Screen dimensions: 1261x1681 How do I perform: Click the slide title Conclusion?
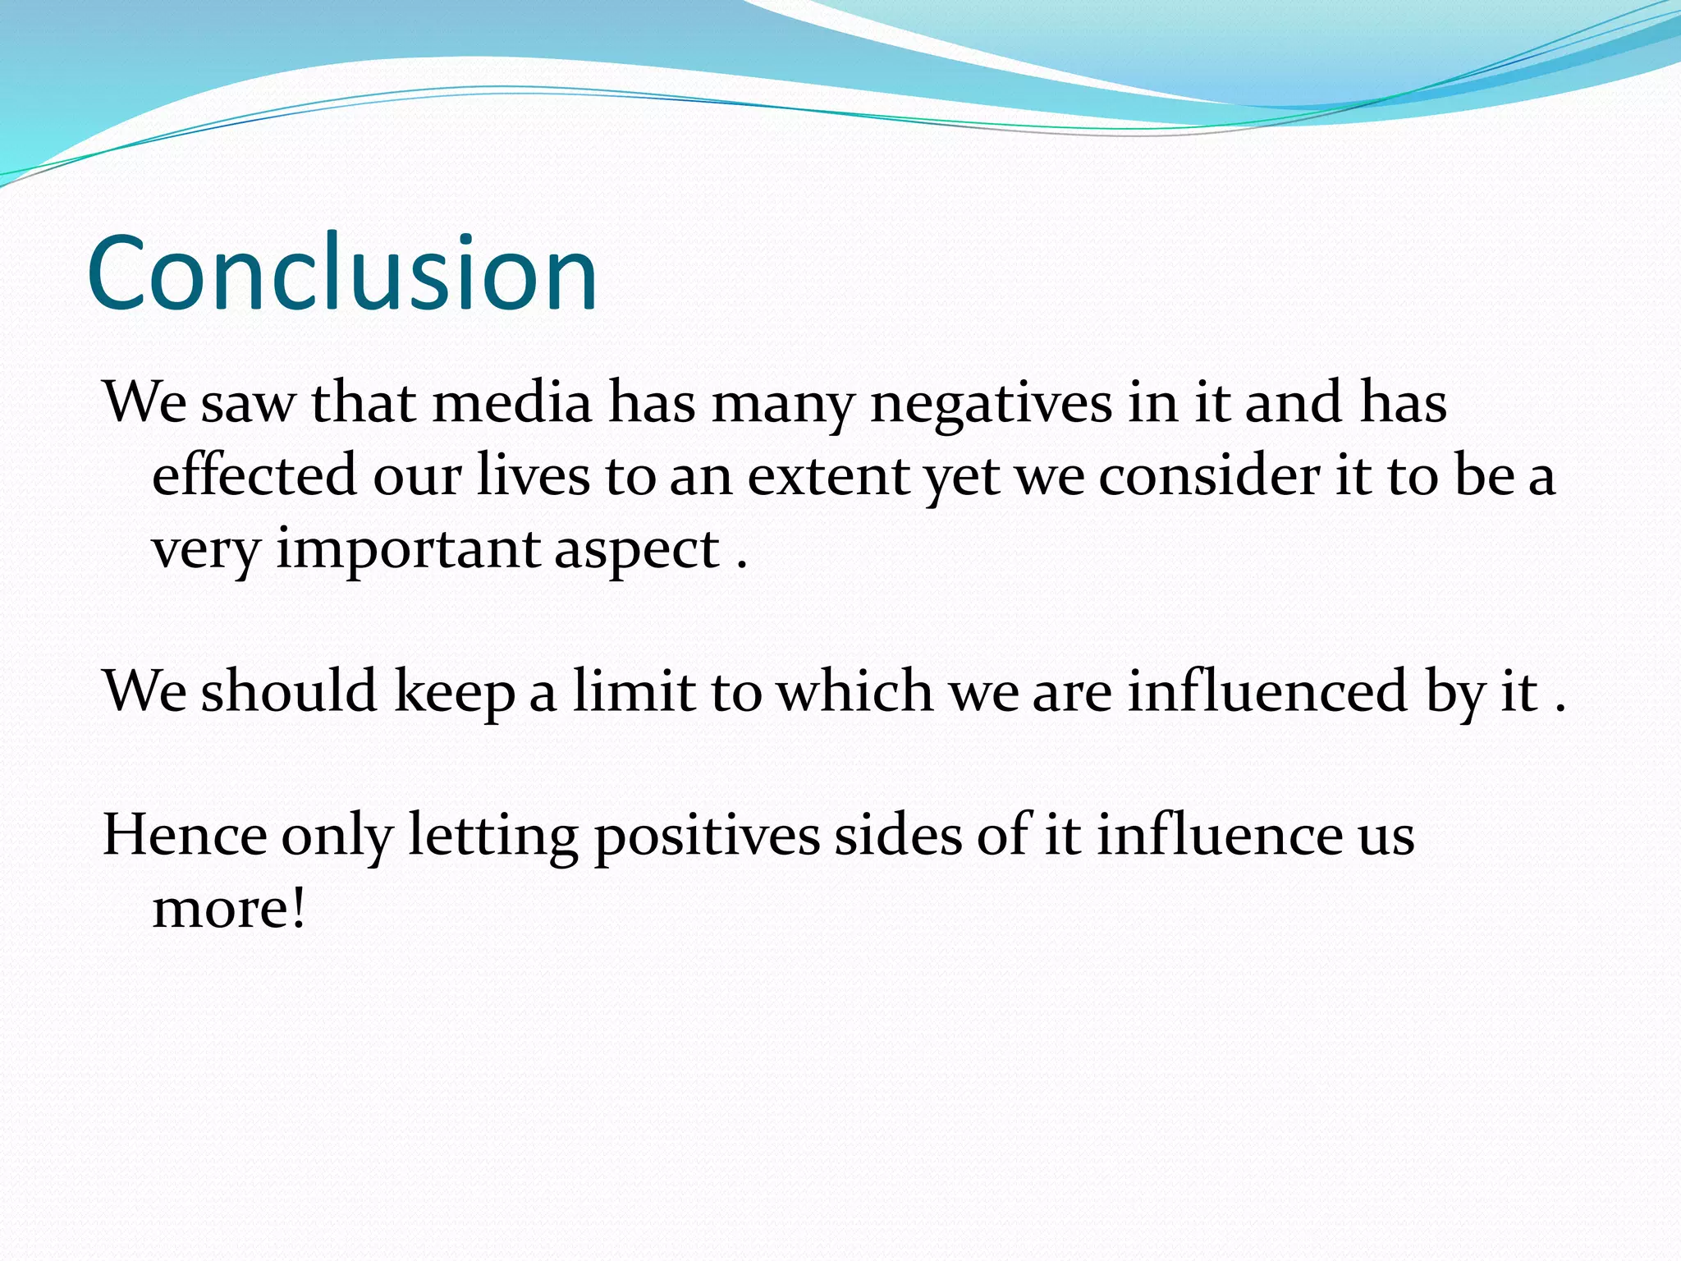coord(341,273)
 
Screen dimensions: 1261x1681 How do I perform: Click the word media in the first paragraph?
coord(512,403)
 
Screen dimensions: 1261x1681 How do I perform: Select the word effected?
coord(254,475)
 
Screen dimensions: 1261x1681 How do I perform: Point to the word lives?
coord(533,475)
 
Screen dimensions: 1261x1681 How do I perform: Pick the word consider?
coord(1208,475)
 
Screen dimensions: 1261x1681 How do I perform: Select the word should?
coord(289,691)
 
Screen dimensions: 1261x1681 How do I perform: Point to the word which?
coord(854,691)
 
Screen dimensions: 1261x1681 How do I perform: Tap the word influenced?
coord(1268,691)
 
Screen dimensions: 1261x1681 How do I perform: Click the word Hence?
coord(185,836)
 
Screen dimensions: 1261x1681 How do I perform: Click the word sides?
coord(898,836)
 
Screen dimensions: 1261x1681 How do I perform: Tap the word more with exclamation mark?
coord(229,909)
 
